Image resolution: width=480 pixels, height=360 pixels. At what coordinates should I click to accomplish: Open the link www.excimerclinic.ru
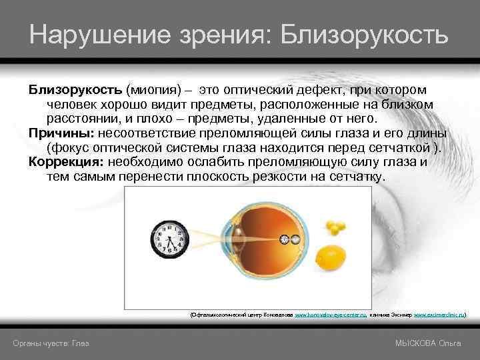click(439, 313)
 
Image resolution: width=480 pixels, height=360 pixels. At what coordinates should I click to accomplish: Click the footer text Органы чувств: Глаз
click(51, 343)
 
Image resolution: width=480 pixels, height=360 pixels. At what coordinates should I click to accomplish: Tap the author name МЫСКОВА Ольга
click(428, 343)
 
